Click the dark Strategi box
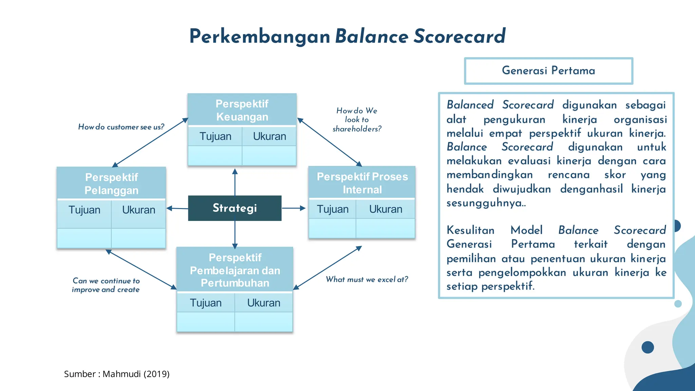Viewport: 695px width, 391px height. [x=234, y=208]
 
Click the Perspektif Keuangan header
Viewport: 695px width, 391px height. [x=242, y=110]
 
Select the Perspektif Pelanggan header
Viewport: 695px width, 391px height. [x=111, y=183]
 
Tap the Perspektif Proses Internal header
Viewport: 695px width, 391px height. [x=362, y=183]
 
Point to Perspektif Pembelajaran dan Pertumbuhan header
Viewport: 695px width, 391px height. [x=235, y=270]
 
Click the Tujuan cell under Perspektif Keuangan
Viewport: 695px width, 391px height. [x=215, y=136]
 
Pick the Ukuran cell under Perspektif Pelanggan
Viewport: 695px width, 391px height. [x=138, y=210]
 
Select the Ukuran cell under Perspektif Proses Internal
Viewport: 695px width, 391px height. [x=386, y=209]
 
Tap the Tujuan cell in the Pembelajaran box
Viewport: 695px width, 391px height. [x=206, y=303]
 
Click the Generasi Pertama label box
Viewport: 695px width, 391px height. [x=548, y=71]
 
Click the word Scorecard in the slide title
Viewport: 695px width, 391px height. [x=459, y=36]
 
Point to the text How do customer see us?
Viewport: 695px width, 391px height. [x=121, y=127]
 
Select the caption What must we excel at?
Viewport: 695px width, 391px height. [x=367, y=279]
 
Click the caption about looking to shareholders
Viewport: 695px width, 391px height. [x=357, y=119]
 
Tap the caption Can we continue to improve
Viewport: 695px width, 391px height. [x=106, y=285]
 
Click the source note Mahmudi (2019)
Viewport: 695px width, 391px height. [x=117, y=374]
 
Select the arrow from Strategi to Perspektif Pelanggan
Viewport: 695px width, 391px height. [x=177, y=208]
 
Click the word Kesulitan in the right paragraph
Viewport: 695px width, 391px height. [x=470, y=230]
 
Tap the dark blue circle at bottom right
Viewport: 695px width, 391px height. [x=647, y=347]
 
